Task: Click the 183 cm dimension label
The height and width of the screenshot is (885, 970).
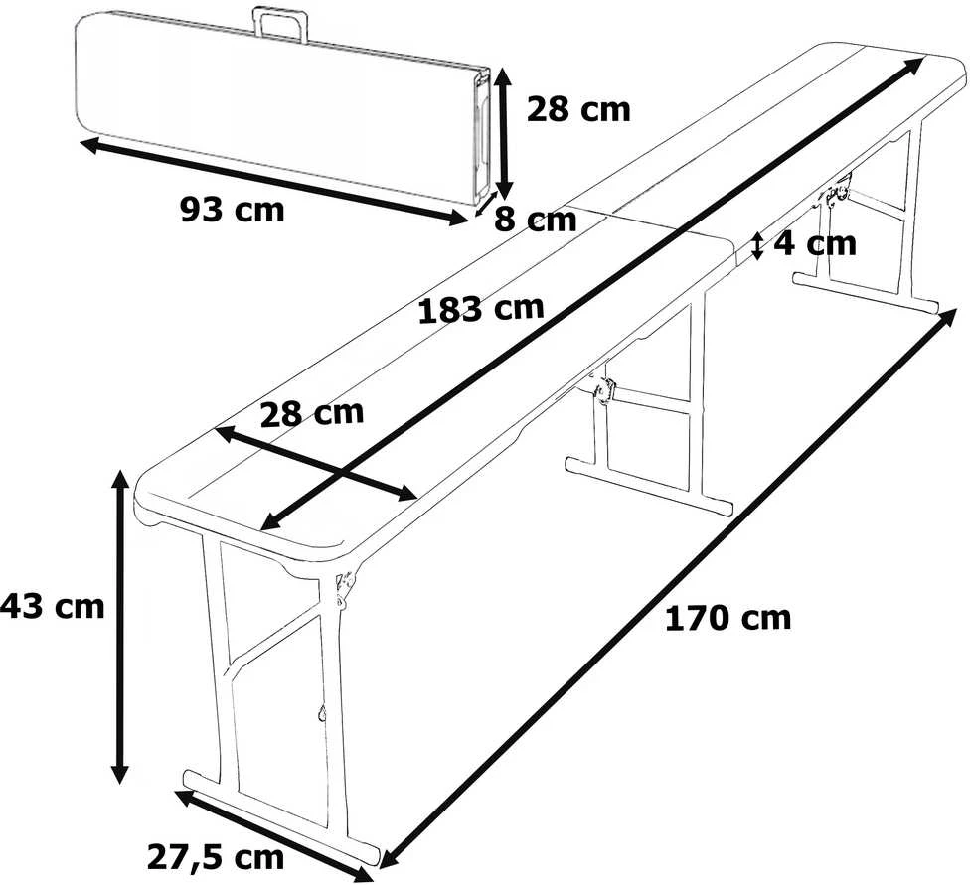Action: pos(481,308)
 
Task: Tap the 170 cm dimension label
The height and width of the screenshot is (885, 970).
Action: pos(727,618)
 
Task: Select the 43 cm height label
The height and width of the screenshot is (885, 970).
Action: pos(53,607)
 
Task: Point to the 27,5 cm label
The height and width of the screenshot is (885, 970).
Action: pos(216,857)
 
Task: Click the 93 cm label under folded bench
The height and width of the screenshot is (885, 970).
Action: pos(232,210)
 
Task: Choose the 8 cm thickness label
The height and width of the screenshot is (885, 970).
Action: pos(535,220)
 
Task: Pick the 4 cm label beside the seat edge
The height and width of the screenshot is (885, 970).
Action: pos(815,243)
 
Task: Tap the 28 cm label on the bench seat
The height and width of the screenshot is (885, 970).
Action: pos(312,413)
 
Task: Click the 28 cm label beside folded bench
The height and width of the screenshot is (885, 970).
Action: pos(578,110)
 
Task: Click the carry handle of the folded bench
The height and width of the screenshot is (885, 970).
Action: pos(282,24)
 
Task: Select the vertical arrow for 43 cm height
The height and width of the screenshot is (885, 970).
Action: pos(119,625)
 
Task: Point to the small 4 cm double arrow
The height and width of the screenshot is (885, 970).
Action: pos(757,246)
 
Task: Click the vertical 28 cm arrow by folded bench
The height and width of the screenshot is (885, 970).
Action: pos(504,132)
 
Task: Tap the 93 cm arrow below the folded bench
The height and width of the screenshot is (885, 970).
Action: pos(272,183)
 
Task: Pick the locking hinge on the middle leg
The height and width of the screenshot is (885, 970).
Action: pos(602,389)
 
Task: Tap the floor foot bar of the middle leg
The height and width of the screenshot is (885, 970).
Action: pos(649,485)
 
